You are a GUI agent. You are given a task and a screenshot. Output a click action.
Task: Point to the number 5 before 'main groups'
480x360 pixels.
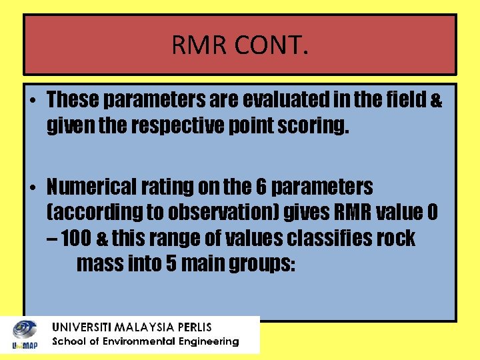pyautogui.click(x=171, y=263)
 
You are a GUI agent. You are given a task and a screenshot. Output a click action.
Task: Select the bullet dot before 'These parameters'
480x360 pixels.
pyautogui.click(x=32, y=101)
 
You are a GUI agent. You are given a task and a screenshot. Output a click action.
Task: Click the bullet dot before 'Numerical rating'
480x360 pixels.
pyautogui.click(x=32, y=187)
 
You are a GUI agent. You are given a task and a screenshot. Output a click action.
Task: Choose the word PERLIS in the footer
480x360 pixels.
pyautogui.click(x=192, y=327)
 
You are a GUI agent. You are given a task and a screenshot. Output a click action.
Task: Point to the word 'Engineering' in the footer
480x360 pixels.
pyautogui.click(x=208, y=341)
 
